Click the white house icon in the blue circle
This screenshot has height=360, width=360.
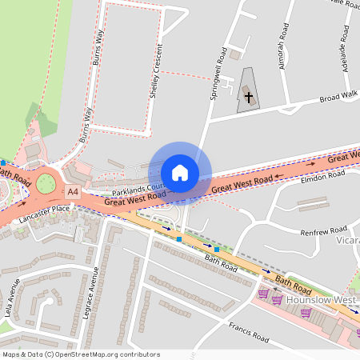pos(180,173)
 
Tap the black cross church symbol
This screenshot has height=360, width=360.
pos(249,98)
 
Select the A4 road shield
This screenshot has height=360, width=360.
pos(73,192)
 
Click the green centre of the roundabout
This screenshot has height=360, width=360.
pos(46,186)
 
